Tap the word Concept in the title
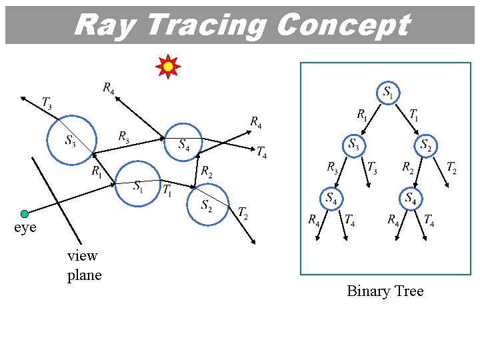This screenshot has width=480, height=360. tap(342, 25)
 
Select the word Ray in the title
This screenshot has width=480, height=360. tap(105, 25)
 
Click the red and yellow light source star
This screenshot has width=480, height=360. tap(168, 67)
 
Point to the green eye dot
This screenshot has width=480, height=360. tap(25, 214)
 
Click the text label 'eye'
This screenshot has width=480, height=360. tap(25, 228)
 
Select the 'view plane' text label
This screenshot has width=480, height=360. tap(84, 265)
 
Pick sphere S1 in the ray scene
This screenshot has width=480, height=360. tap(139, 185)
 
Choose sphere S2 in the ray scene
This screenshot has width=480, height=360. tap(208, 205)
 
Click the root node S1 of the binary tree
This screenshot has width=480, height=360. tap(388, 93)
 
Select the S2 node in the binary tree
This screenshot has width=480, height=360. tap(425, 145)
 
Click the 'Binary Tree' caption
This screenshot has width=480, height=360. tap(385, 291)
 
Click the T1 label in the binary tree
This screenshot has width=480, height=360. tap(414, 115)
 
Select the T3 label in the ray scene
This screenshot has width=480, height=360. tap(47, 103)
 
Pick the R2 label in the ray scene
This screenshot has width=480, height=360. tap(207, 171)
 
